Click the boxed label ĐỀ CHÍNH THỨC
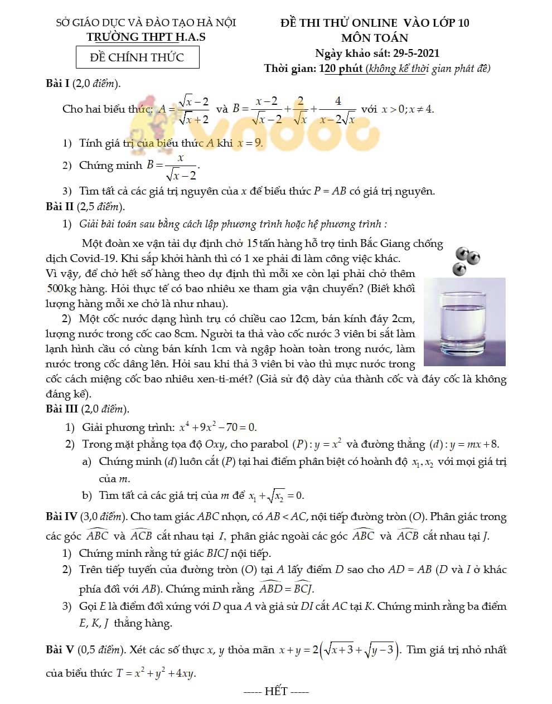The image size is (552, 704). pyautogui.click(x=137, y=57)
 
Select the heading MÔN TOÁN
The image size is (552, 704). pyautogui.click(x=375, y=38)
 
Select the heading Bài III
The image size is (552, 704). pyautogui.click(x=62, y=409)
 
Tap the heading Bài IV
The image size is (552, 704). pyautogui.click(x=61, y=517)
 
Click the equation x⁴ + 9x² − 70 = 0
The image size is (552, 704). pyautogui.click(x=217, y=428)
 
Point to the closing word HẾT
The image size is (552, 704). pyautogui.click(x=276, y=691)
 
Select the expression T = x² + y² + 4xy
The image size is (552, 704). pyautogui.click(x=156, y=673)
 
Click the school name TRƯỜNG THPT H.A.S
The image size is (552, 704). pyautogui.click(x=146, y=37)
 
